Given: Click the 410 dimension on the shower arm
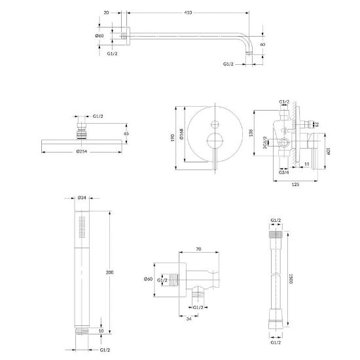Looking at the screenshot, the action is (188, 13).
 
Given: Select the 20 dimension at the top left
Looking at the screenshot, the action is (106, 13).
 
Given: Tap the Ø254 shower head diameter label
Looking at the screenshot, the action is (82, 152).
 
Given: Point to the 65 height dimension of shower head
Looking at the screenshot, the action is (126, 134).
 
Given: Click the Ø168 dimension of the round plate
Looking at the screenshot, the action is (181, 134).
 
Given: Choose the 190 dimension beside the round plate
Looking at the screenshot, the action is (173, 137).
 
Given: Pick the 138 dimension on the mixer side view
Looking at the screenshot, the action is (251, 133).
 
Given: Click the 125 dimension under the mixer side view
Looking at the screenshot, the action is (295, 185).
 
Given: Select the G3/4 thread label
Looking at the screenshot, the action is (284, 172).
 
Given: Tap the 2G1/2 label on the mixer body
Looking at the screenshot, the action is (265, 143).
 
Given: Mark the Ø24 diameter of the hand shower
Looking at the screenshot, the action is (82, 198).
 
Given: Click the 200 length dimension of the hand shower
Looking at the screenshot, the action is (109, 272).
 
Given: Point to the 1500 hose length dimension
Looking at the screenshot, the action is (291, 279).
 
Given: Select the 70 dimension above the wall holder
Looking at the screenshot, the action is (199, 249).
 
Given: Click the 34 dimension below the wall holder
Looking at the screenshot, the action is (189, 319).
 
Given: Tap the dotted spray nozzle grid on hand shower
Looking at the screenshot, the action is (82, 227).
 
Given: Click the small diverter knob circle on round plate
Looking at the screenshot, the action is (215, 124).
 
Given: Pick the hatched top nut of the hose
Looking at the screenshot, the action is (276, 234).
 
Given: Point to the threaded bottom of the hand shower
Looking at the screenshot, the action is (82, 331).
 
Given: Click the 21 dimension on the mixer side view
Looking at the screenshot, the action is (317, 124).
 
